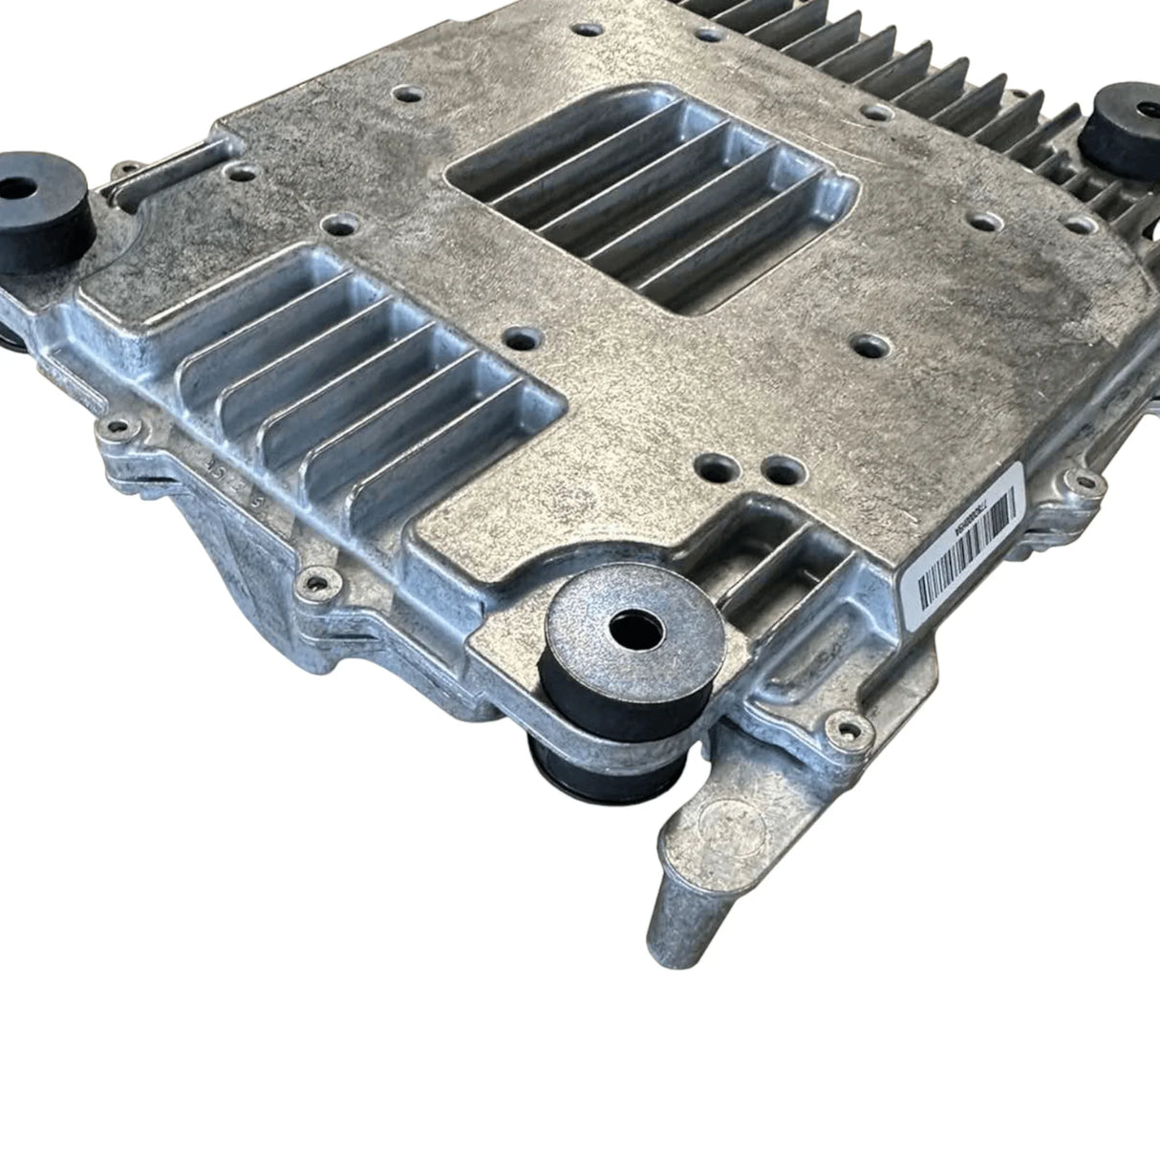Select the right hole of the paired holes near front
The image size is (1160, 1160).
point(782,469)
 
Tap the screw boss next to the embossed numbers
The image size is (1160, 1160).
point(118,426)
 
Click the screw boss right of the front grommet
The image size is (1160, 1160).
point(842,731)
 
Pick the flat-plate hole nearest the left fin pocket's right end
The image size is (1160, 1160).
point(522,339)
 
